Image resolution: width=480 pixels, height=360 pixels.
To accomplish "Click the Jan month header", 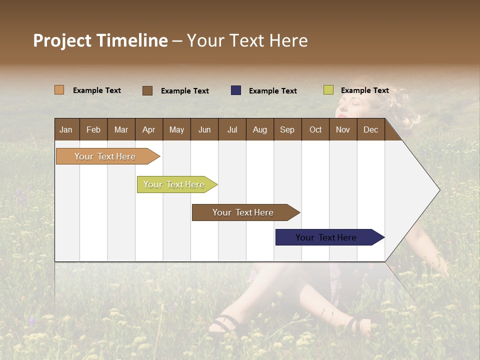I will (66, 129).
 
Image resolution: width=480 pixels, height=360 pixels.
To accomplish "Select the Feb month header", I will (93, 129).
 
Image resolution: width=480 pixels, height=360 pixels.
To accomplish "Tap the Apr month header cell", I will (149, 129).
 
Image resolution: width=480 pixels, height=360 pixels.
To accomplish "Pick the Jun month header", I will (204, 129).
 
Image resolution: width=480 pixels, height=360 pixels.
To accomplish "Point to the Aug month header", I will (260, 129).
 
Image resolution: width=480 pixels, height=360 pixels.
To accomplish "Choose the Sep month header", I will (287, 129).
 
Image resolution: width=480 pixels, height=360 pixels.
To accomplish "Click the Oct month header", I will (315, 129).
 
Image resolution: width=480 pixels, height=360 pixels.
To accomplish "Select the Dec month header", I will (371, 129).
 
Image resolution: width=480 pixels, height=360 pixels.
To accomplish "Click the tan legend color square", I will (59, 90).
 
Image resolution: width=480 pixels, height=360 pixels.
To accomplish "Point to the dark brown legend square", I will (147, 90).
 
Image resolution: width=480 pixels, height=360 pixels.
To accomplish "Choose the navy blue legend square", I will (236, 90).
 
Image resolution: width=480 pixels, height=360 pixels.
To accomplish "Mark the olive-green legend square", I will (328, 90).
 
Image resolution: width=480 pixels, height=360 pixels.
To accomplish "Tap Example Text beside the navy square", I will (273, 91).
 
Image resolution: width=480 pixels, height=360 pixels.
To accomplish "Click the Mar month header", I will (121, 129).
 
